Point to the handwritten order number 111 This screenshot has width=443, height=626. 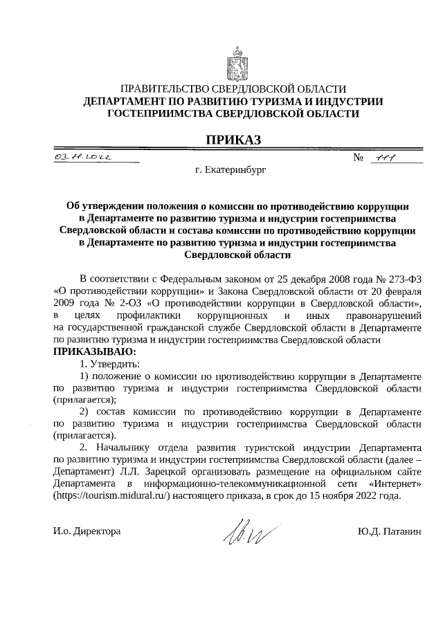383,158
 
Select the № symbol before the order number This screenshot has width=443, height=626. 359,158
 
